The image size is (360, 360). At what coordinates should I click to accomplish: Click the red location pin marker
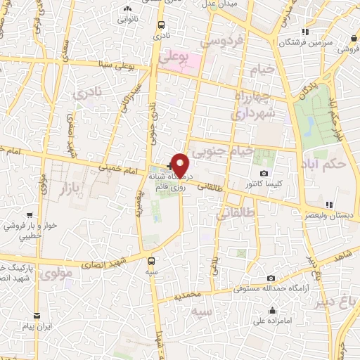(181, 165)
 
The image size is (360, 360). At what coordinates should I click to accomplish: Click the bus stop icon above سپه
(151, 259)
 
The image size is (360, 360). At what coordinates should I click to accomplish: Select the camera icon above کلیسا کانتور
(264, 173)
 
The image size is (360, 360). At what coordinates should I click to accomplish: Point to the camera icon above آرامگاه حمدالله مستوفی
(271, 278)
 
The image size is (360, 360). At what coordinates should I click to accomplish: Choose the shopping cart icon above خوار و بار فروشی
(29, 216)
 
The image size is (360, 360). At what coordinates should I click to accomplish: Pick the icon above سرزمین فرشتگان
(304, 32)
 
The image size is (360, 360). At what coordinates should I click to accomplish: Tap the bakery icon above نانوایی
(127, 9)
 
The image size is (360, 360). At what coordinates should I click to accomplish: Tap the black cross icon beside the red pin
(169, 167)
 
